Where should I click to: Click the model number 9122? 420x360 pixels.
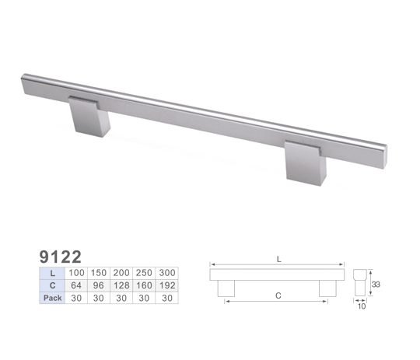coord(60,257)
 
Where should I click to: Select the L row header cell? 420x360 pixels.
coord(52,273)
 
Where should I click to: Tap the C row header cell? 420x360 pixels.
coord(52,285)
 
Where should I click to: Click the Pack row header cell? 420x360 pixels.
coord(52,298)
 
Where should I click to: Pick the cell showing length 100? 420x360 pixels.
coord(76,273)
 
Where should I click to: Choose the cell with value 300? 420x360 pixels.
coord(167,273)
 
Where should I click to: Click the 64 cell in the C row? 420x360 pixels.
coord(76,285)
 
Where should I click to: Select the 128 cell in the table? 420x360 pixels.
coord(121,285)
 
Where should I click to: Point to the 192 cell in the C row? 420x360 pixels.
coord(167,285)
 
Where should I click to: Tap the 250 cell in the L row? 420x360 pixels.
coord(144,273)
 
